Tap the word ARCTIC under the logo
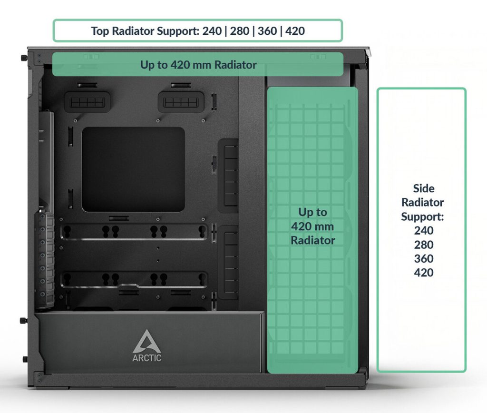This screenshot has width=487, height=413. tap(147, 358)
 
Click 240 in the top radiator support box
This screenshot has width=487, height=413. tap(212, 31)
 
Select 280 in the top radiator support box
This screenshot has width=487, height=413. tap(240, 31)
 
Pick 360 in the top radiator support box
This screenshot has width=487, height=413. tap(267, 31)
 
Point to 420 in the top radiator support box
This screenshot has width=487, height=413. tap(295, 31)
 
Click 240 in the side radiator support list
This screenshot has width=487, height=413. tap(424, 231)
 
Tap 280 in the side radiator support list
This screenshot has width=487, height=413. tap(424, 245)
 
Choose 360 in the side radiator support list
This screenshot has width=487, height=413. tap(424, 258)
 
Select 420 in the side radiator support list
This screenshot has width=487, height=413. tap(424, 273)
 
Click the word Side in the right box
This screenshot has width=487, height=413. tap(424, 188)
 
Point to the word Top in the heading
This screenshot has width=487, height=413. tap(100, 31)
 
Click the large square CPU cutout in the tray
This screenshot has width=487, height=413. tap(133, 169)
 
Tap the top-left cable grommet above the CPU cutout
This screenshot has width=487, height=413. tap(88, 102)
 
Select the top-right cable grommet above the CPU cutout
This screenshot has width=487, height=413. tap(181, 102)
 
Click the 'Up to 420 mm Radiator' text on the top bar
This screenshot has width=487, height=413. tap(198, 65)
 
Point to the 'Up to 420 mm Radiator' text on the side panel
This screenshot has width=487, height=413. tap(312, 226)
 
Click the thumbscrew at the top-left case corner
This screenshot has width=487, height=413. tap(23, 58)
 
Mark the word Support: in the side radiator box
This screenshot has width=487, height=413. tap(422, 216)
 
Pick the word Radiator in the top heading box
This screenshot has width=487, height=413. tap(133, 31)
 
